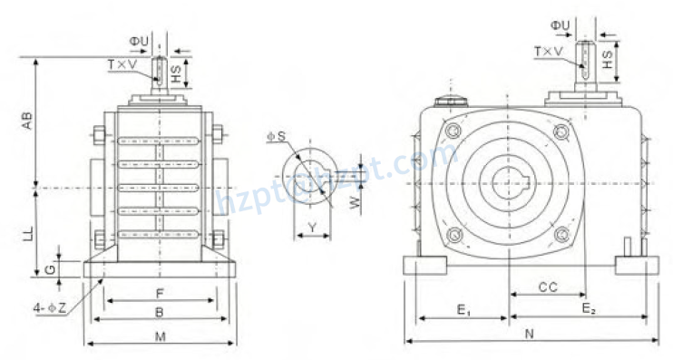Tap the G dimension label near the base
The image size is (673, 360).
(51, 268)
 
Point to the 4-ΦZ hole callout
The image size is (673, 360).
(50, 309)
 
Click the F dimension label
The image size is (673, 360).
(161, 294)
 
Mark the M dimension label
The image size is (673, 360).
(160, 336)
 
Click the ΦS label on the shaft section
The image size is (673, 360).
(277, 136)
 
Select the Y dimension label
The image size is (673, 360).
(312, 227)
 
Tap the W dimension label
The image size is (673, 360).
(355, 200)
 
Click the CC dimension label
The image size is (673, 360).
(547, 287)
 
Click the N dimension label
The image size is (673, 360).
(530, 335)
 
